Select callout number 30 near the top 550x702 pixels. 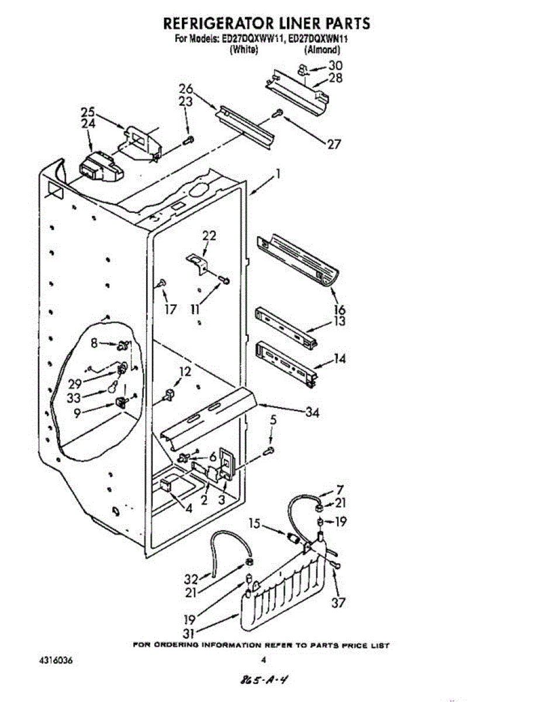point(335,66)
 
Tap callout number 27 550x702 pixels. point(334,144)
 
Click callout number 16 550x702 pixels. point(339,309)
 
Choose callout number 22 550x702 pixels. point(209,236)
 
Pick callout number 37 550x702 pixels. point(338,603)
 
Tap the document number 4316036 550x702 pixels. point(57,660)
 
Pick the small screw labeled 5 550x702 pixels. point(271,450)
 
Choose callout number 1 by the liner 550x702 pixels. point(278,174)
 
